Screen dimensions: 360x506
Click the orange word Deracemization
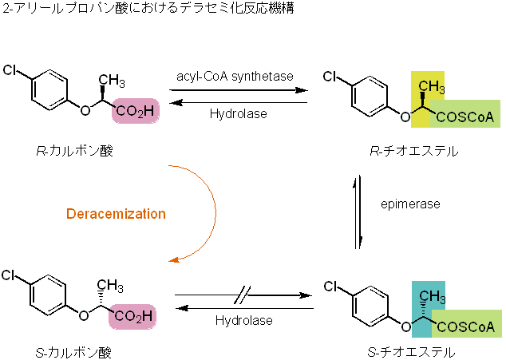[116, 214]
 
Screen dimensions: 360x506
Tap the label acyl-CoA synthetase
[235, 76]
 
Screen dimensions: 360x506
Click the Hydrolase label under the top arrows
[238, 113]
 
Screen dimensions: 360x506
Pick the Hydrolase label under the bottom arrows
[243, 320]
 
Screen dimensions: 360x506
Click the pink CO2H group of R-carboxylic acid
[136, 112]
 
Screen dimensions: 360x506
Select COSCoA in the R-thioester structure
[466, 118]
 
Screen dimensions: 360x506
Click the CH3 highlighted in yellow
[430, 86]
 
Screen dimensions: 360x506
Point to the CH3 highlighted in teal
[431, 297]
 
